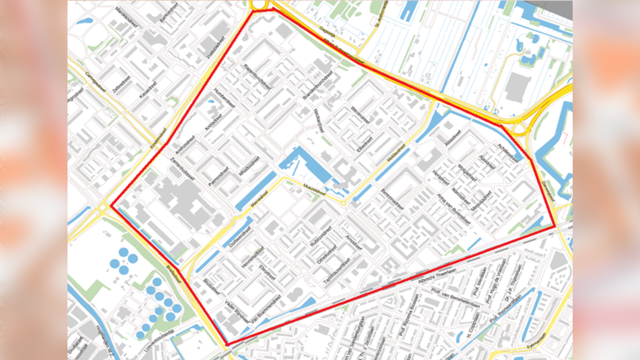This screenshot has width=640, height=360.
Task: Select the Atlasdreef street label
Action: [453, 138]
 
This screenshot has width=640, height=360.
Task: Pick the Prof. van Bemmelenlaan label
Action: [455, 298]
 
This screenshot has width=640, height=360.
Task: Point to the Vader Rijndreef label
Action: [237, 312]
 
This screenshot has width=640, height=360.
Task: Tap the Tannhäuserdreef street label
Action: [337, 271]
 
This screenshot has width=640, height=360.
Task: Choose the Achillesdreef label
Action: [508, 153]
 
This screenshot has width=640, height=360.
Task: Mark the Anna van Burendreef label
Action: [453, 209]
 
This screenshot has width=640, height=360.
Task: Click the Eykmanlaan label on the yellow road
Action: [536, 341]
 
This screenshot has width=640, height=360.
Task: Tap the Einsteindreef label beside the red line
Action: [158, 138]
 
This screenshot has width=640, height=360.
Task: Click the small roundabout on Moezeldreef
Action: [343, 203]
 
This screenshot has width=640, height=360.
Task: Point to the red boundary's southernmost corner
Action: [227, 345]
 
